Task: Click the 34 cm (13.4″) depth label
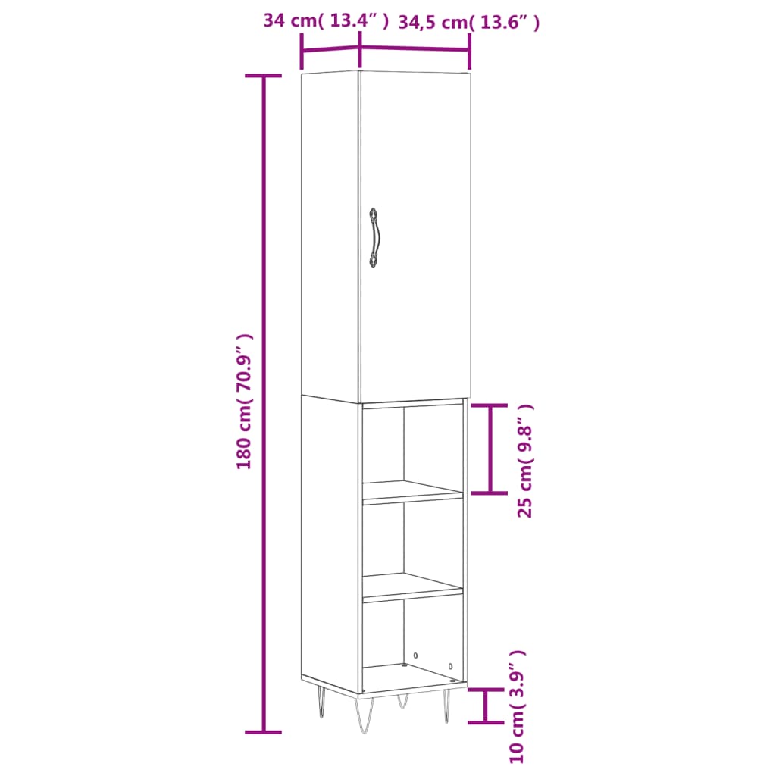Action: (x=326, y=21)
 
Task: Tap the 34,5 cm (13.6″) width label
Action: (x=469, y=23)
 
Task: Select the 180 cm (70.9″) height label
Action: (x=244, y=402)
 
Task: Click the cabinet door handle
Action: (x=374, y=238)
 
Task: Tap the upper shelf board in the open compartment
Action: (x=413, y=492)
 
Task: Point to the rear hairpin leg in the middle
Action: (x=402, y=700)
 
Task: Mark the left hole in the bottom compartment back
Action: (x=415, y=655)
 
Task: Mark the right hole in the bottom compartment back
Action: (x=451, y=666)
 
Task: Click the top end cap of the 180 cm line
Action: (x=264, y=76)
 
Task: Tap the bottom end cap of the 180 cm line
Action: (x=264, y=732)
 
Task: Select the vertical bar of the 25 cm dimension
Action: (x=491, y=449)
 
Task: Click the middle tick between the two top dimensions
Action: (x=360, y=55)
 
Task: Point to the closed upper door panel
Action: (x=415, y=235)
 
